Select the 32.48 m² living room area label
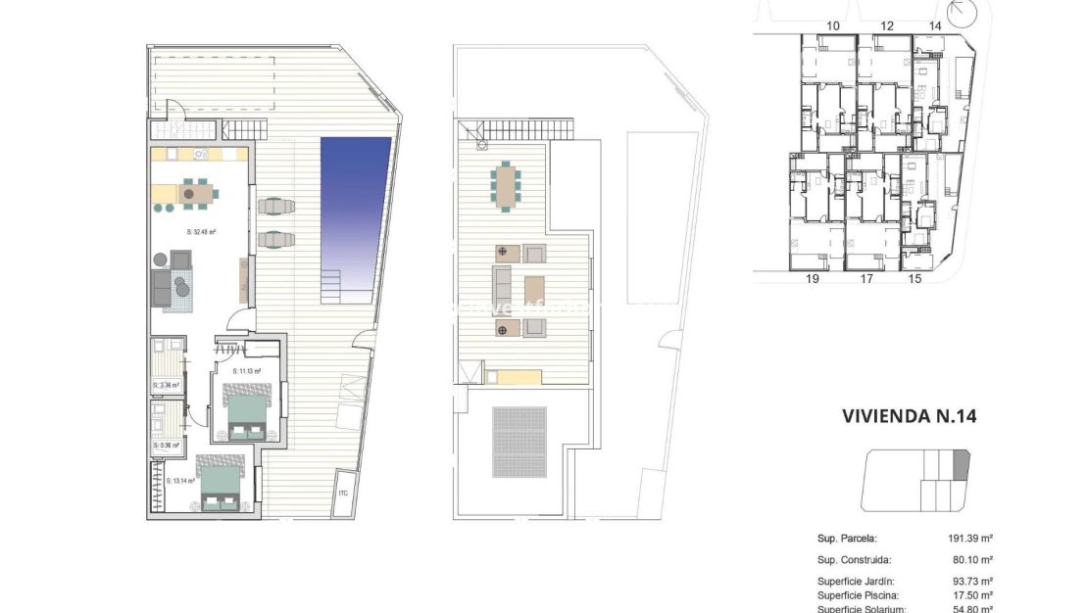pos(201,232)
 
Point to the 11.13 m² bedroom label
pos(245,371)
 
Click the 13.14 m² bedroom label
pos(181,481)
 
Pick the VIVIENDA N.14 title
pos(909,416)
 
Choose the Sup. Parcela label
pos(846,539)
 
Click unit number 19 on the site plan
pos(812,279)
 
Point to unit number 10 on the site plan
pos(833,25)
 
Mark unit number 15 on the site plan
pos(915,279)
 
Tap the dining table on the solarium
pos(507,184)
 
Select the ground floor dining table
pos(196,193)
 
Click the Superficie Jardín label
pos(855,582)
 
